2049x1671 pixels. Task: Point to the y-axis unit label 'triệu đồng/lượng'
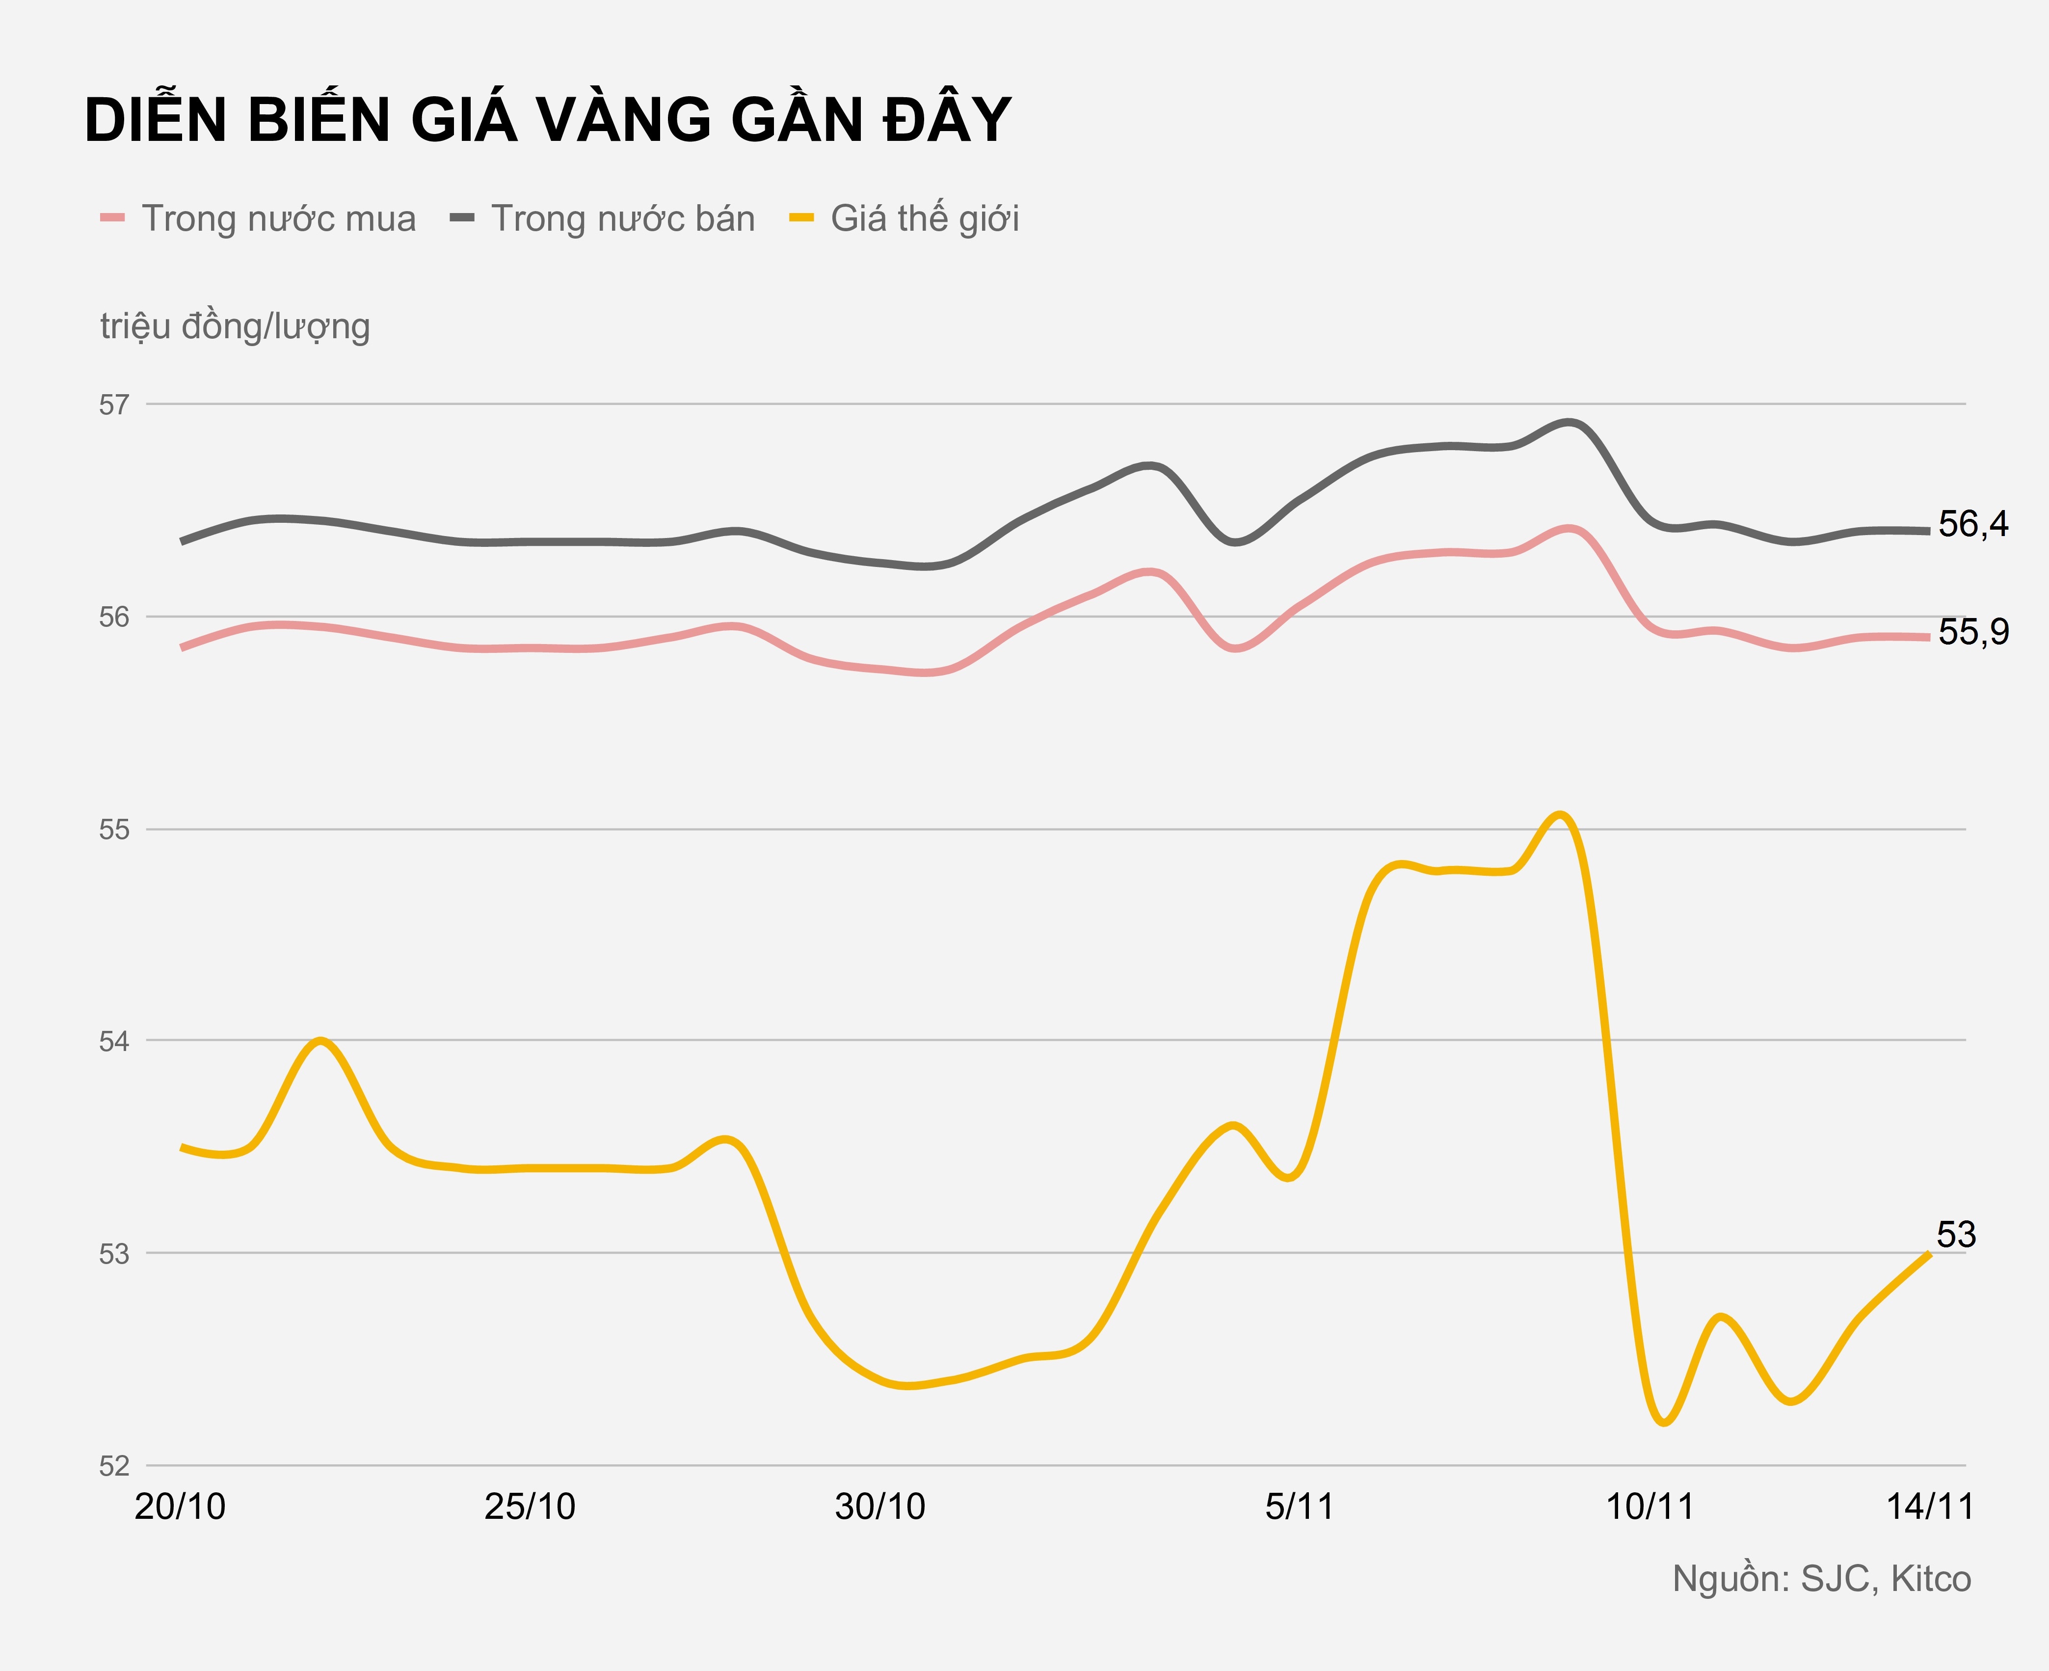(x=235, y=326)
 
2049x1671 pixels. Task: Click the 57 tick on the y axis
(x=114, y=404)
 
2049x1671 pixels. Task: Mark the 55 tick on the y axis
(x=114, y=830)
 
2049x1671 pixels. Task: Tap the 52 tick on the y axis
(x=114, y=1466)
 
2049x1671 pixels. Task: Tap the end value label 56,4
(x=1973, y=525)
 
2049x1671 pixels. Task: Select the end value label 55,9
(x=1973, y=632)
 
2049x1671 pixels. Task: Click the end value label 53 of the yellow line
(x=1956, y=1235)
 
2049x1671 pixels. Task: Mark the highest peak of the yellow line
(x=1561, y=815)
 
